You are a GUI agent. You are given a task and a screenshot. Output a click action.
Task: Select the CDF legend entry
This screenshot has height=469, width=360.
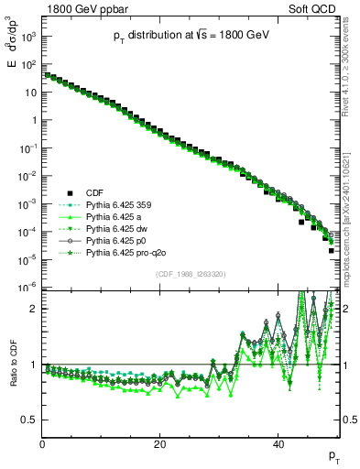coord(94,193)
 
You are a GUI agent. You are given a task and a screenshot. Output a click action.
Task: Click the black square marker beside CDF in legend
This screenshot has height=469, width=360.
coord(68,193)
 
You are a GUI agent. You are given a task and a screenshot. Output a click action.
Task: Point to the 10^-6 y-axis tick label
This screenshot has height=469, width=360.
coord(27,288)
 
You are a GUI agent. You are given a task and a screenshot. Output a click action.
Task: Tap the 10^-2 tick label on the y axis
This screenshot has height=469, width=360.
coord(27,176)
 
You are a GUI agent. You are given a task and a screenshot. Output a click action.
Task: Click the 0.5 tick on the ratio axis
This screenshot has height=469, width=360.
coord(29,420)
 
